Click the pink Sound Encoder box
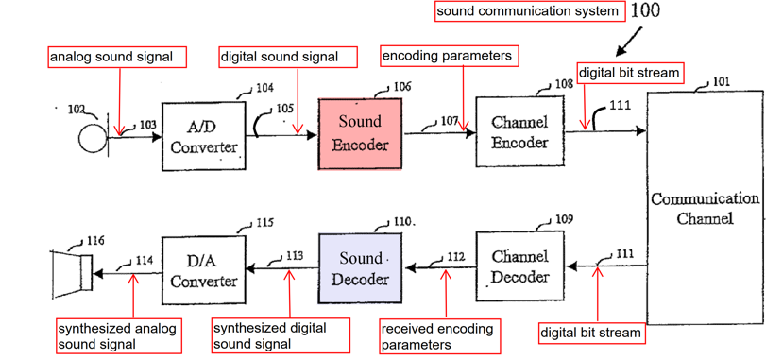pyautogui.click(x=360, y=134)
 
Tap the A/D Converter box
pyautogui.click(x=204, y=136)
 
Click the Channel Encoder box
pyautogui.click(x=519, y=132)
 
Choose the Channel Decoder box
pyautogui.click(x=519, y=266)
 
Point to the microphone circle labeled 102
pyautogui.click(x=93, y=138)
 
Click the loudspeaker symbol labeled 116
pyautogui.click(x=72, y=273)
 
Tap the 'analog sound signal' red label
pyautogui.click(x=117, y=57)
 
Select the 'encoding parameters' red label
pyautogui.click(x=449, y=56)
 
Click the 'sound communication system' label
pyautogui.click(x=530, y=11)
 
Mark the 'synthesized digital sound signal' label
pyautogui.click(x=281, y=335)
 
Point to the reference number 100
pyautogui.click(x=645, y=11)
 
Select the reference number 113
pyautogui.click(x=295, y=255)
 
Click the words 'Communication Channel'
pyautogui.click(x=705, y=208)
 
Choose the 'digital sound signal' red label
pyautogui.click(x=288, y=57)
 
